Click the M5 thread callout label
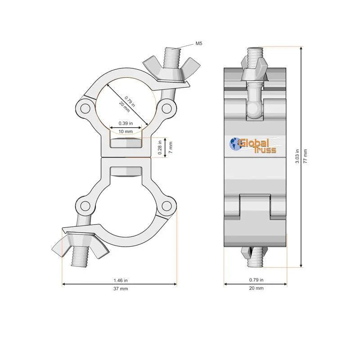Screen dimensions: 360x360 point(199,44)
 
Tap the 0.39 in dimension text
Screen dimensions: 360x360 point(126,123)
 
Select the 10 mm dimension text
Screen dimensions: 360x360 point(126,131)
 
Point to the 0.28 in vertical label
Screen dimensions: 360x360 point(160,147)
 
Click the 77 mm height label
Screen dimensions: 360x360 point(306,156)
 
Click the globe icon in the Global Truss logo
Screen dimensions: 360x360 point(235,144)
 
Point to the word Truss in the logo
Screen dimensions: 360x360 point(265,150)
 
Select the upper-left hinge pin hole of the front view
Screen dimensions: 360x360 point(84,108)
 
